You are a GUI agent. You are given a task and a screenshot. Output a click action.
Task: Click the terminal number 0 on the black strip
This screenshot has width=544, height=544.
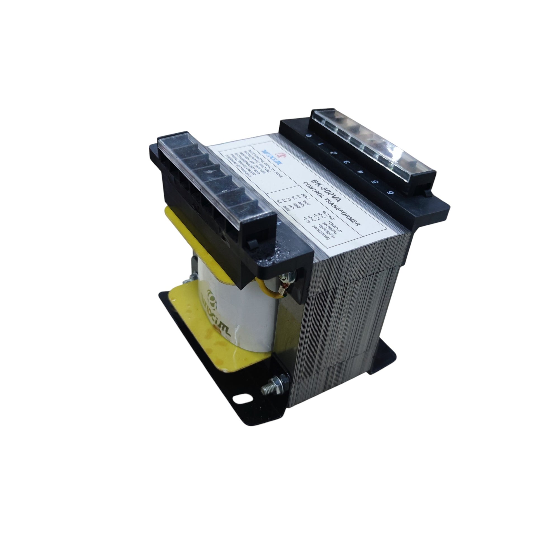coord(309,136)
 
